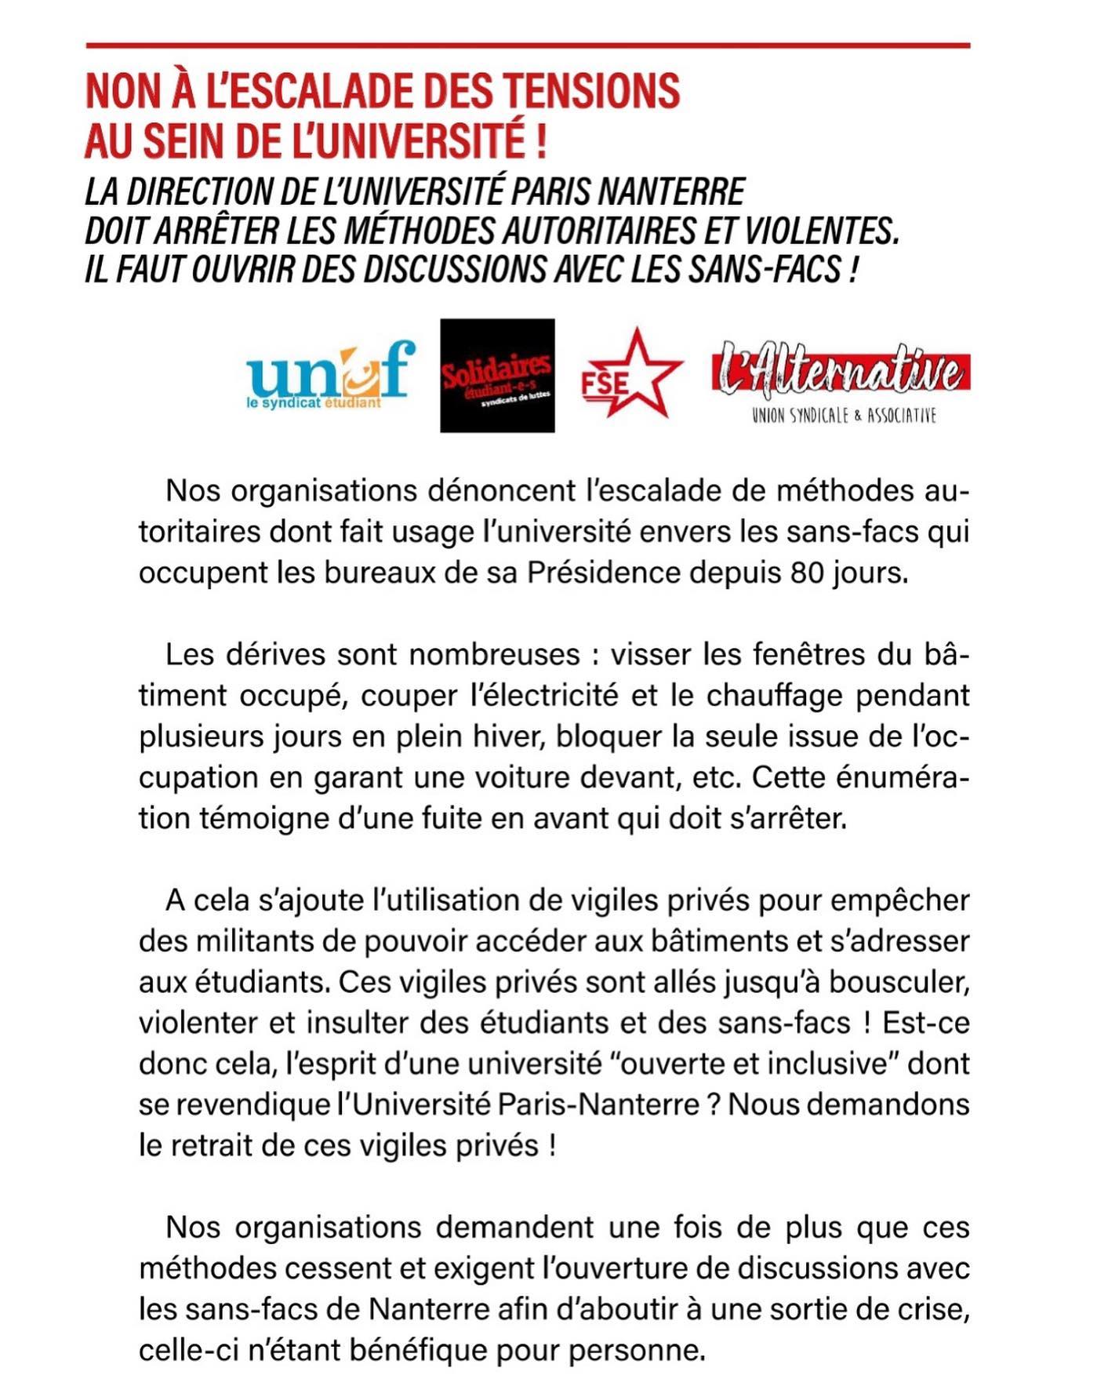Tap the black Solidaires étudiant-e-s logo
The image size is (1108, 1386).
tap(497, 375)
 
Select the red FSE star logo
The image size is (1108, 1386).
tap(632, 374)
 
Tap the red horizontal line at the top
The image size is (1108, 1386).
tap(528, 46)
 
